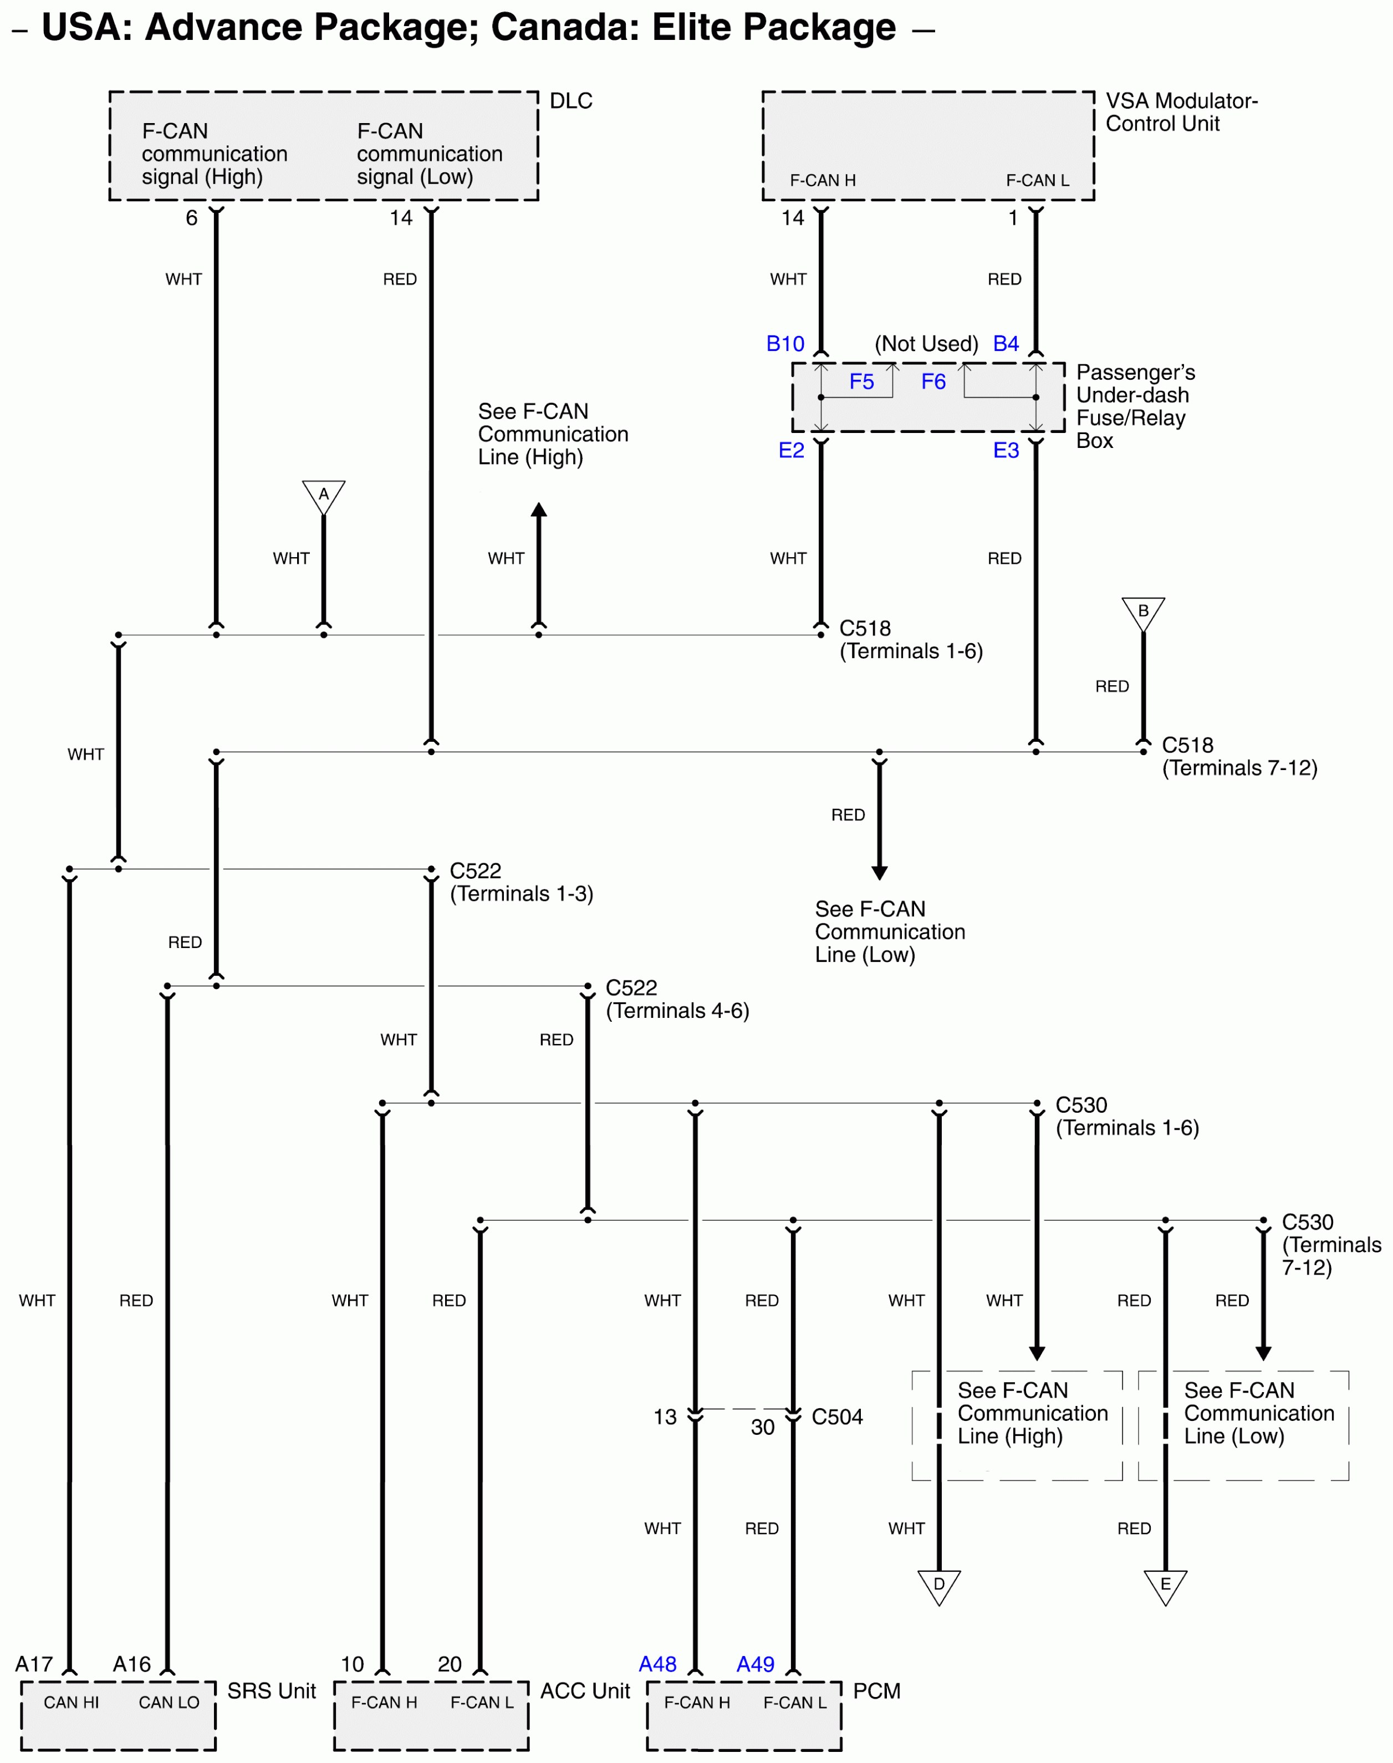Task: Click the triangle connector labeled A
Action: pyautogui.click(x=323, y=495)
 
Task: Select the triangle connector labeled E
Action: pyautogui.click(x=1166, y=1585)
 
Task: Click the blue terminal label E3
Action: pyautogui.click(x=1006, y=450)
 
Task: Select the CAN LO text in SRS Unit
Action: pyautogui.click(x=169, y=1702)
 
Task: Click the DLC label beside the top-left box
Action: pyautogui.click(x=571, y=100)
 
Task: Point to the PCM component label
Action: pyautogui.click(x=877, y=1690)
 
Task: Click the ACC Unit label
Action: pyautogui.click(x=585, y=1690)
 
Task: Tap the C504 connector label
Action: pyautogui.click(x=837, y=1416)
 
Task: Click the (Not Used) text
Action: pyautogui.click(x=926, y=344)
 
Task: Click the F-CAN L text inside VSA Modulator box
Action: pyautogui.click(x=1038, y=180)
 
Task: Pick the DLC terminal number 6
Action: pyautogui.click(x=192, y=218)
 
